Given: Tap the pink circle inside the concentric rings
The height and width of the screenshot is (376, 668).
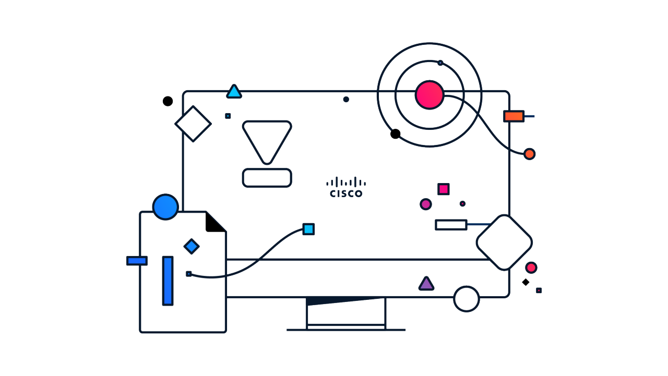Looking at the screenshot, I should [x=430, y=95].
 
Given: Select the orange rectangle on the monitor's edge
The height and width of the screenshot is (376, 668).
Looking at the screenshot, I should [x=514, y=116].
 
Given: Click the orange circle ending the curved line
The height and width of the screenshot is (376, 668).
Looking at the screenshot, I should [x=529, y=154].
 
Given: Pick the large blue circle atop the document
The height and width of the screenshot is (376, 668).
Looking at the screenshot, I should [x=165, y=207].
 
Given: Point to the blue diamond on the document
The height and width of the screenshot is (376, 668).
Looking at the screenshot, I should [x=192, y=246].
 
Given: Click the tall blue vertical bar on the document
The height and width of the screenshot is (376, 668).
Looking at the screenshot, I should [x=168, y=281].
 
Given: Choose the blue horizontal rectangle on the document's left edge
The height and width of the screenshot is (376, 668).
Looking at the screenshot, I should [x=137, y=261].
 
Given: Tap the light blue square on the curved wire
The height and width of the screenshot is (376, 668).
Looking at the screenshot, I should [x=308, y=229].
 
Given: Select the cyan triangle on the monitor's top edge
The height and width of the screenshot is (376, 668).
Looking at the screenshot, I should [x=234, y=92].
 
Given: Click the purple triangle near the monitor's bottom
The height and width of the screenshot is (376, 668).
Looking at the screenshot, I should [x=426, y=284].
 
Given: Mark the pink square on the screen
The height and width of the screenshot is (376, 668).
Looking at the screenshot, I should [x=444, y=189].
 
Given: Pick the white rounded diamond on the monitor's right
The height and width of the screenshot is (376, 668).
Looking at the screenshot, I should [x=504, y=242].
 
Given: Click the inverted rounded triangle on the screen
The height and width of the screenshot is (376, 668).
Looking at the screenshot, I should [x=267, y=139].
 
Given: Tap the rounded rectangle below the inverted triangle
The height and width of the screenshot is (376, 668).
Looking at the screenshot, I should [x=267, y=178].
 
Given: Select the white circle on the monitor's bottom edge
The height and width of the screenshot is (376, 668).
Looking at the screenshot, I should [x=466, y=299].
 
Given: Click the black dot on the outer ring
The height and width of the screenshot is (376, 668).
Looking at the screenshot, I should [x=396, y=134].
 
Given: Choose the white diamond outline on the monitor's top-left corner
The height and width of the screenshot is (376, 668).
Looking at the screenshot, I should [x=193, y=124].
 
